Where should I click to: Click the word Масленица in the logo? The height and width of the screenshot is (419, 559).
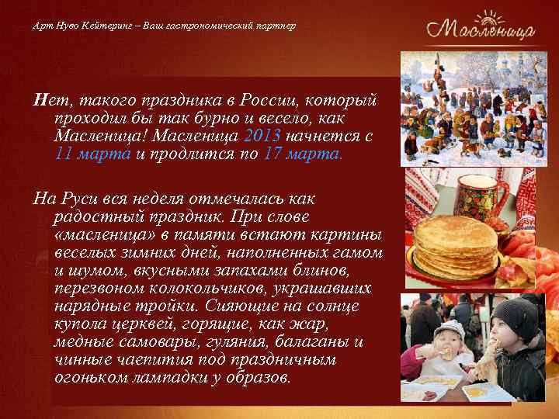(x=479, y=33)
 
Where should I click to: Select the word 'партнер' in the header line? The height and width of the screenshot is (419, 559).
(x=274, y=26)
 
